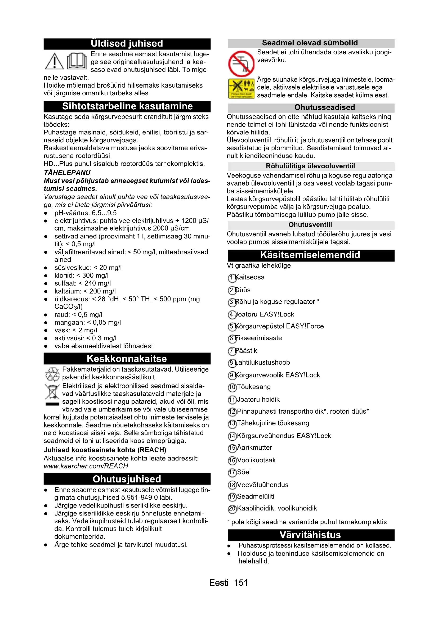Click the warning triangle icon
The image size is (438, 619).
54,61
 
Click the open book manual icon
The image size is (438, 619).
77,61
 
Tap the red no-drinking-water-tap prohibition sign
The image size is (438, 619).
242,64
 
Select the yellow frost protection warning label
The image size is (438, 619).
242,89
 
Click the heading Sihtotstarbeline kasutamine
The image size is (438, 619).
127,106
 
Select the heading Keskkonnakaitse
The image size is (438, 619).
127,359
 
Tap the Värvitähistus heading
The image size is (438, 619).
310,535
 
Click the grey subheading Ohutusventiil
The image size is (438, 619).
310,225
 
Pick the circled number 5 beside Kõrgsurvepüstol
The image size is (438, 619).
232,327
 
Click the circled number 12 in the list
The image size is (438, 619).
232,412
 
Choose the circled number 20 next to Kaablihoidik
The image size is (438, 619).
232,509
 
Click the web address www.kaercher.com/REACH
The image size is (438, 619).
86,466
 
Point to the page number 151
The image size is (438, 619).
241,582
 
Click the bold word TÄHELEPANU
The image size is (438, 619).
67,173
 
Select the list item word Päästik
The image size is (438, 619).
246,350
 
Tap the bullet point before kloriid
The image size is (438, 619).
46,276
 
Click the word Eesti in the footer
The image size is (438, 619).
219,582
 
